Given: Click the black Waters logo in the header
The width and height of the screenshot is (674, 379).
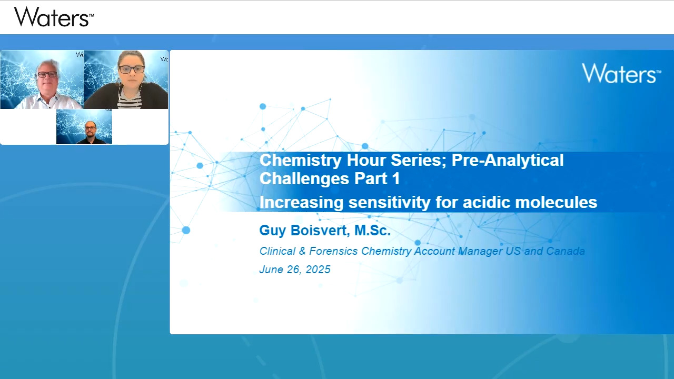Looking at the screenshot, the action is [54, 17].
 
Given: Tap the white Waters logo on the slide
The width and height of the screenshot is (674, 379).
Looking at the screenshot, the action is [622, 73].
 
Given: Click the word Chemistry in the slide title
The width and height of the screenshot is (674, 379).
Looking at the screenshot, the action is [301, 159].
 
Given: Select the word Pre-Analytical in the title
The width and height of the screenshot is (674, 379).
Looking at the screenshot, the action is [508, 159].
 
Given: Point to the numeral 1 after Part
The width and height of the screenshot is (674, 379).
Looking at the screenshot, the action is [396, 178].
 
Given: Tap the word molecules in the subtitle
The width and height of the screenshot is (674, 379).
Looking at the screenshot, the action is [530, 202].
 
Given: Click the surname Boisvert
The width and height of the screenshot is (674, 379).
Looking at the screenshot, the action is [320, 231].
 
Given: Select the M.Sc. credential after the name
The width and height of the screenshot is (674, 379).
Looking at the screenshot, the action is [372, 231].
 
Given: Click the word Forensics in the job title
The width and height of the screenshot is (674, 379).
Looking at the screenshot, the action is [333, 251].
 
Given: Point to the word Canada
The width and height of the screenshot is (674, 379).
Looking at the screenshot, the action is [566, 251].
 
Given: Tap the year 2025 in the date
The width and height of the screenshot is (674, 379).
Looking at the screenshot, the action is [318, 270].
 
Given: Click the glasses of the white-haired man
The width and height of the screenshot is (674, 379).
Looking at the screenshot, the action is [47, 74].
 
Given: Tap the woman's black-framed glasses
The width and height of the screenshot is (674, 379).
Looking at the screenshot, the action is [132, 69].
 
